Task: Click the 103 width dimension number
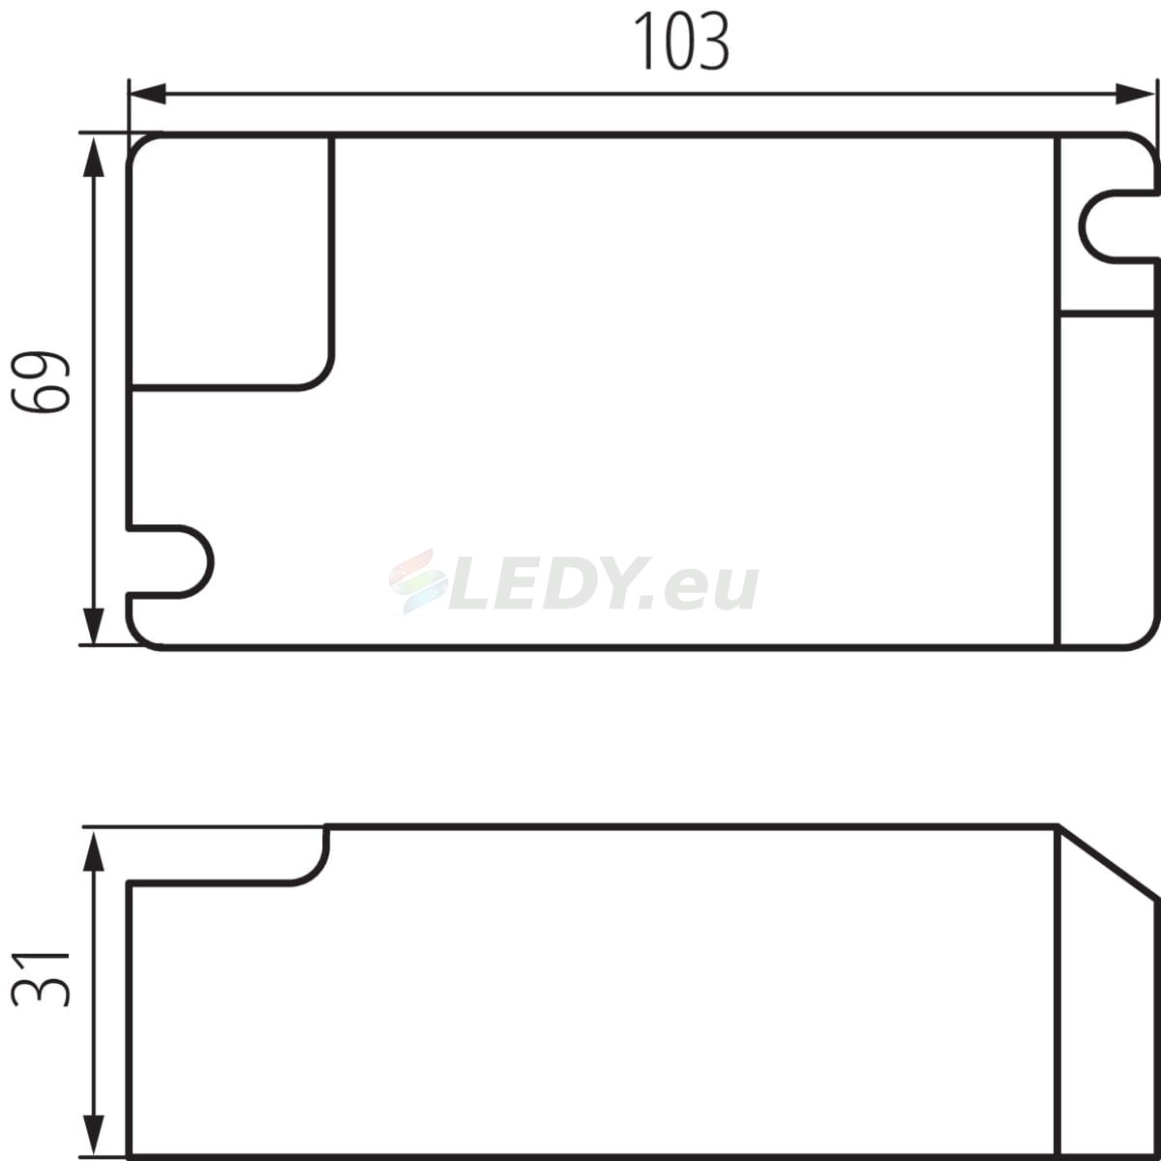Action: click(x=681, y=41)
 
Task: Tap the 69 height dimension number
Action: click(x=41, y=381)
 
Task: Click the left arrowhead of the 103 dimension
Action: click(x=148, y=94)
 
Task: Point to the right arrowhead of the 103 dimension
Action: click(x=1135, y=94)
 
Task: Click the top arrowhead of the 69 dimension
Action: click(x=93, y=157)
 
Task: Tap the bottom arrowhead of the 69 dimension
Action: click(x=93, y=626)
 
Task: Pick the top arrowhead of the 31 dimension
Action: click(x=93, y=852)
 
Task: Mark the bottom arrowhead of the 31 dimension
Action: click(x=93, y=1135)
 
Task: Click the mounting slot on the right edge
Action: click(x=1081, y=226)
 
